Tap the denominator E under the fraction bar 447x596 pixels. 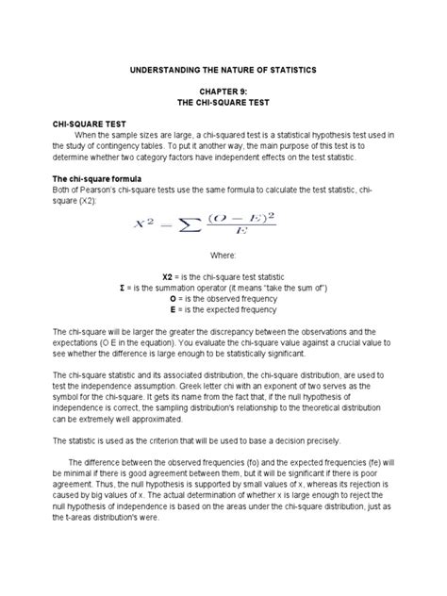[244, 236]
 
